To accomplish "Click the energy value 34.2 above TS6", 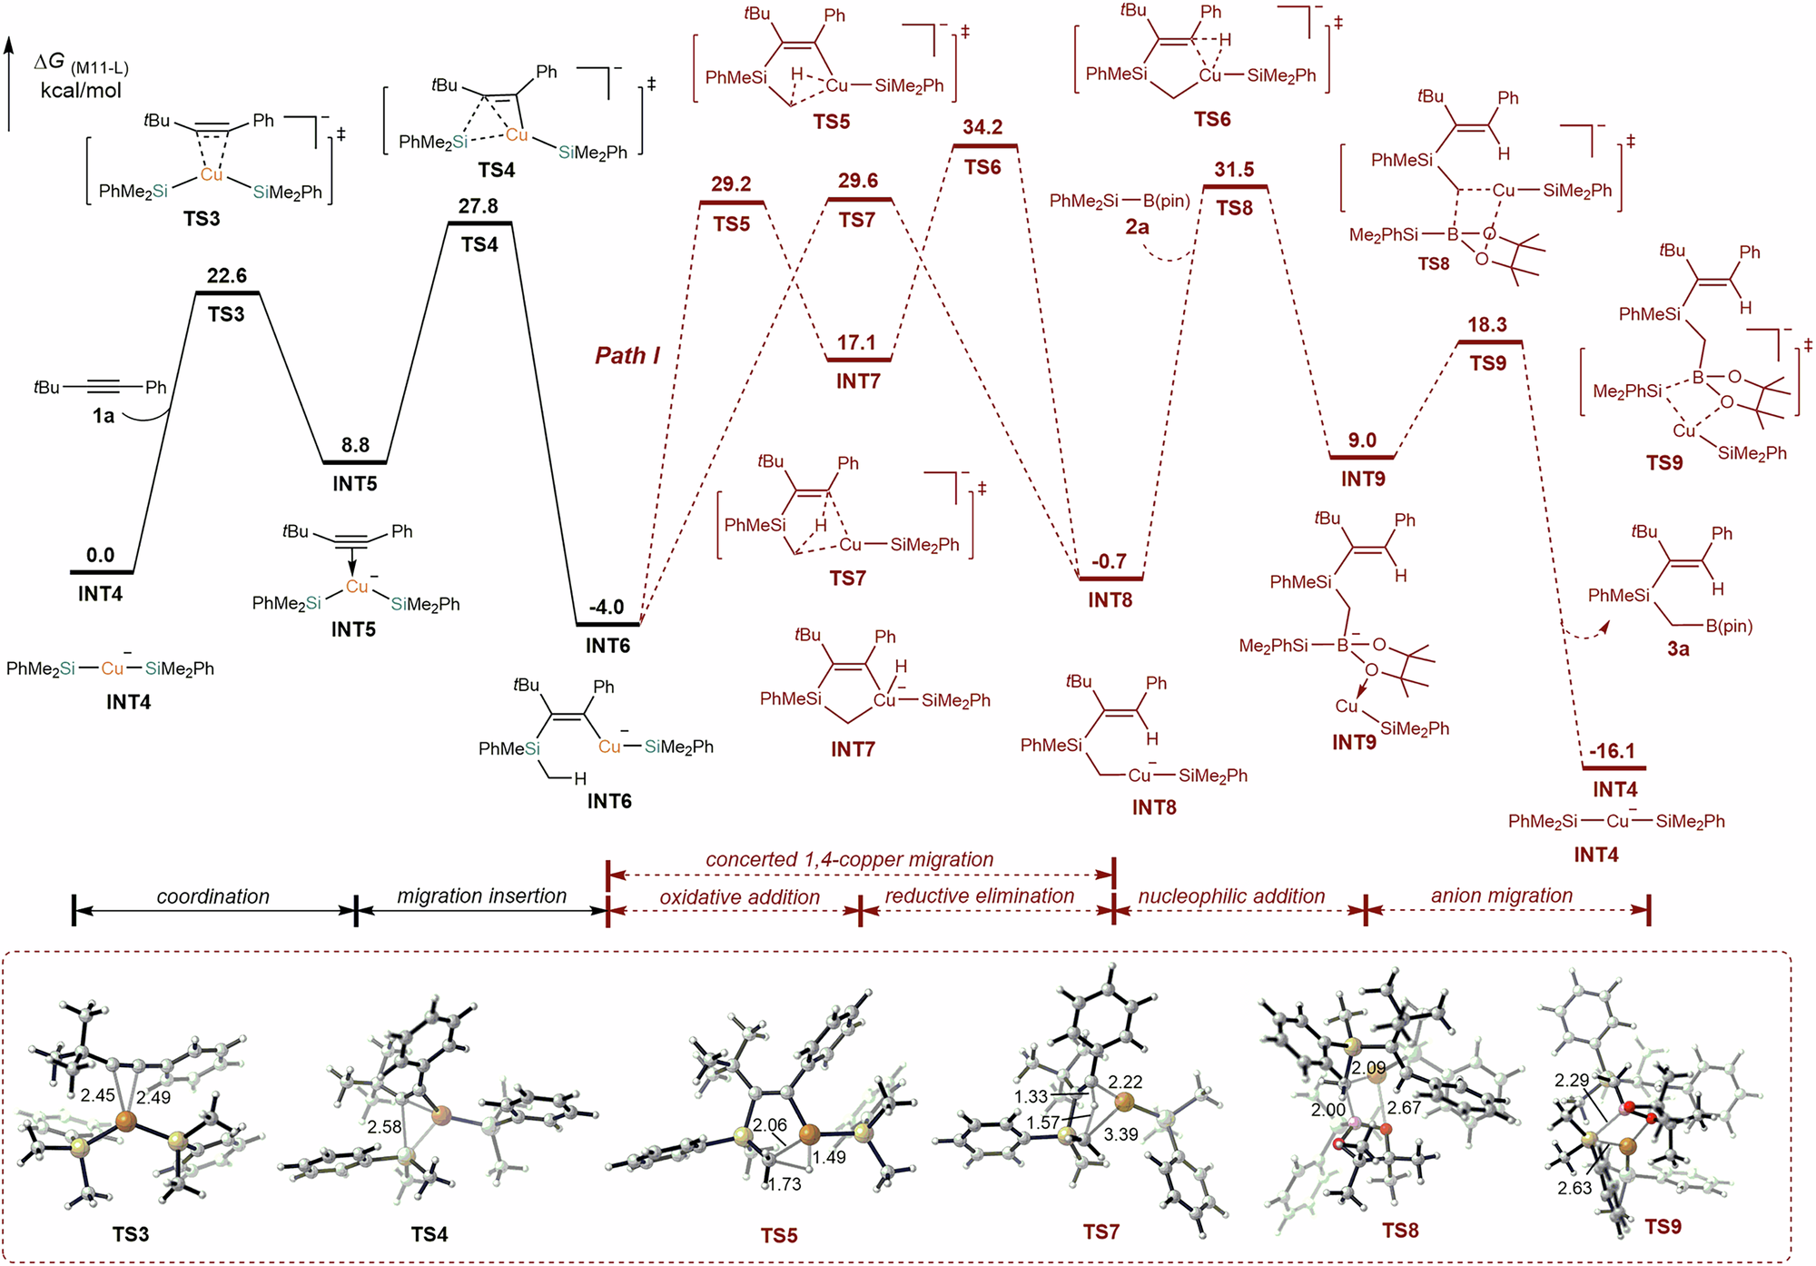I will (982, 127).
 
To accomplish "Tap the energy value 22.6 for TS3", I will (226, 275).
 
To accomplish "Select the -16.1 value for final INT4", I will (1612, 751).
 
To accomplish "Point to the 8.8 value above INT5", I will (355, 445).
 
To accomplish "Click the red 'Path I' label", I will (627, 355).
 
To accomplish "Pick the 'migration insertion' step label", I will (481, 895).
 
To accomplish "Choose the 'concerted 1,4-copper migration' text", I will (849, 859).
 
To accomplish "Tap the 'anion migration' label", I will (1501, 895).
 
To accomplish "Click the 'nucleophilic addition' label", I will (1231, 895).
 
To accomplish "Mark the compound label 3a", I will (1677, 649).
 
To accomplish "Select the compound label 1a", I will (104, 416).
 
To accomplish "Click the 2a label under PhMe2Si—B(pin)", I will (1137, 227).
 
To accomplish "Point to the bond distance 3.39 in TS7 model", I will (1120, 1134).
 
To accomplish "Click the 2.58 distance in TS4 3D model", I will (384, 1127).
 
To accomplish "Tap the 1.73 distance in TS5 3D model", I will (785, 1184).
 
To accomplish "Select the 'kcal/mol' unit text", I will (81, 91).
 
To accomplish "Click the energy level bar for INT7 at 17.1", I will (858, 360).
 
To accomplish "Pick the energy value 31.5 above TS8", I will (1234, 170).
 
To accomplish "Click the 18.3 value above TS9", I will (1487, 325).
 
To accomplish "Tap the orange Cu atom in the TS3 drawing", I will (211, 173).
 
